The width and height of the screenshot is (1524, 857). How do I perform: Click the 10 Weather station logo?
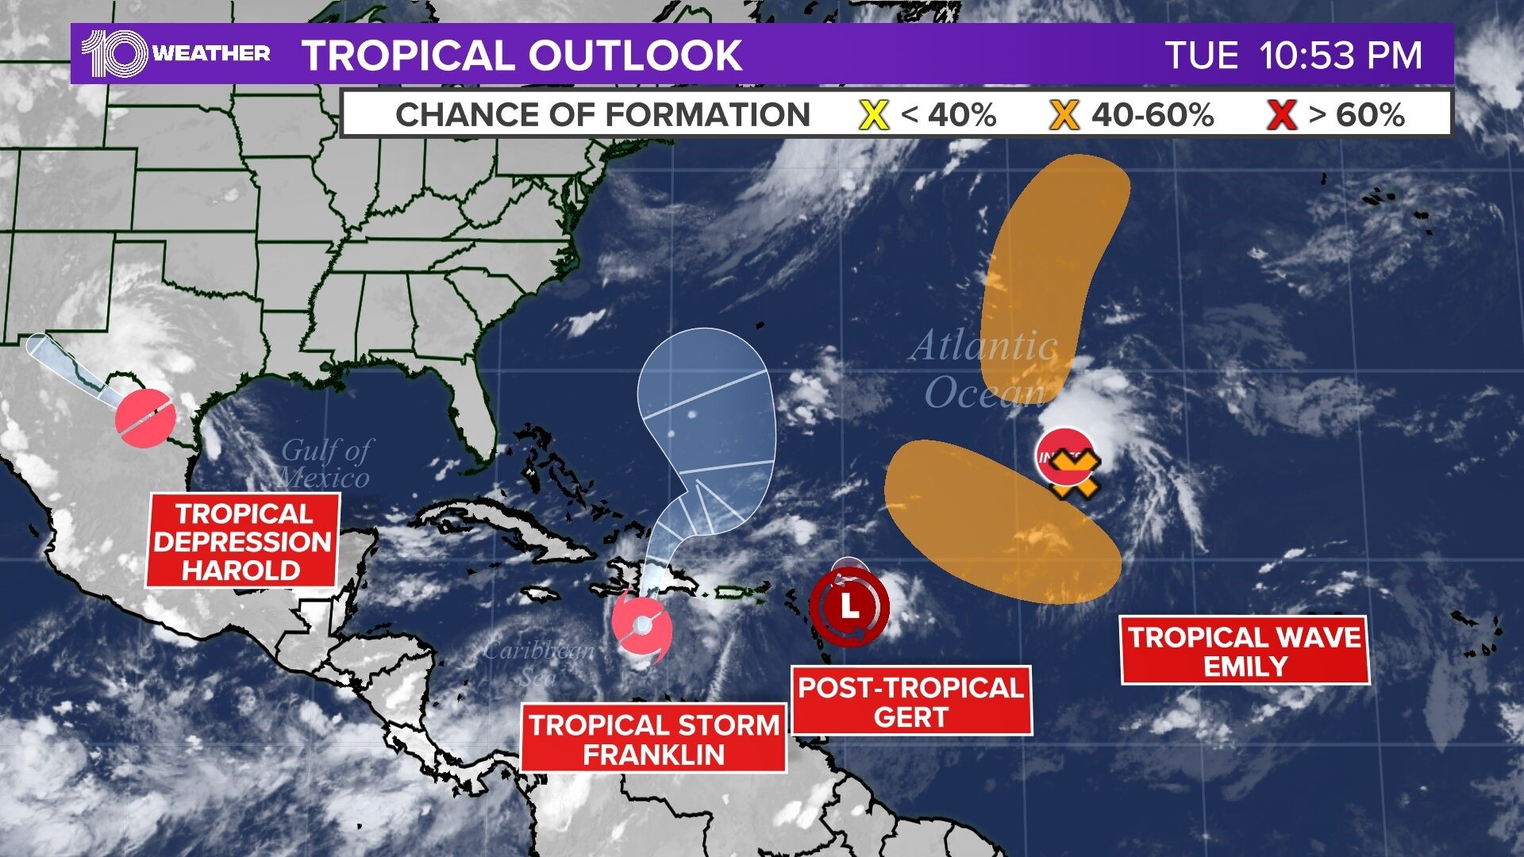pyautogui.click(x=175, y=54)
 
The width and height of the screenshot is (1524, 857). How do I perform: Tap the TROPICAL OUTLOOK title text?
pyautogui.click(x=521, y=56)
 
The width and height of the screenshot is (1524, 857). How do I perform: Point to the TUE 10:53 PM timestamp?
pyautogui.click(x=1293, y=56)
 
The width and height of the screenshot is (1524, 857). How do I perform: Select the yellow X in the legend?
pyautogui.click(x=873, y=116)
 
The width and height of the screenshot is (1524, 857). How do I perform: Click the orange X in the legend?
pyautogui.click(x=1064, y=116)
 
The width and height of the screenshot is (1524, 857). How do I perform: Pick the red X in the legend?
pyautogui.click(x=1281, y=116)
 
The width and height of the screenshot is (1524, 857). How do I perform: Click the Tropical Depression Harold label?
pyautogui.click(x=243, y=541)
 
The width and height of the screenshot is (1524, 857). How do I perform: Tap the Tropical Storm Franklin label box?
pyautogui.click(x=654, y=739)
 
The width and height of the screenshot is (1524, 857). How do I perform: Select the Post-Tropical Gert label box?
pyautogui.click(x=911, y=701)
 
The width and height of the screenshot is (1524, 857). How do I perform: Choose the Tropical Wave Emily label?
pyautogui.click(x=1245, y=651)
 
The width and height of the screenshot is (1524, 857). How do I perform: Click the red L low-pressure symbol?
pyautogui.click(x=849, y=608)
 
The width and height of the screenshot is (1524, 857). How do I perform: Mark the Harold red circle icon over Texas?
pyautogui.click(x=145, y=417)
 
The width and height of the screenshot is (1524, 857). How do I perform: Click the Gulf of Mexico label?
pyautogui.click(x=325, y=463)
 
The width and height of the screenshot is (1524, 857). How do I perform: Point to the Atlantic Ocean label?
pyautogui.click(x=984, y=369)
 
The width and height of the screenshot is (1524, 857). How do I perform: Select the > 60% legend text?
pyautogui.click(x=1357, y=116)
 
